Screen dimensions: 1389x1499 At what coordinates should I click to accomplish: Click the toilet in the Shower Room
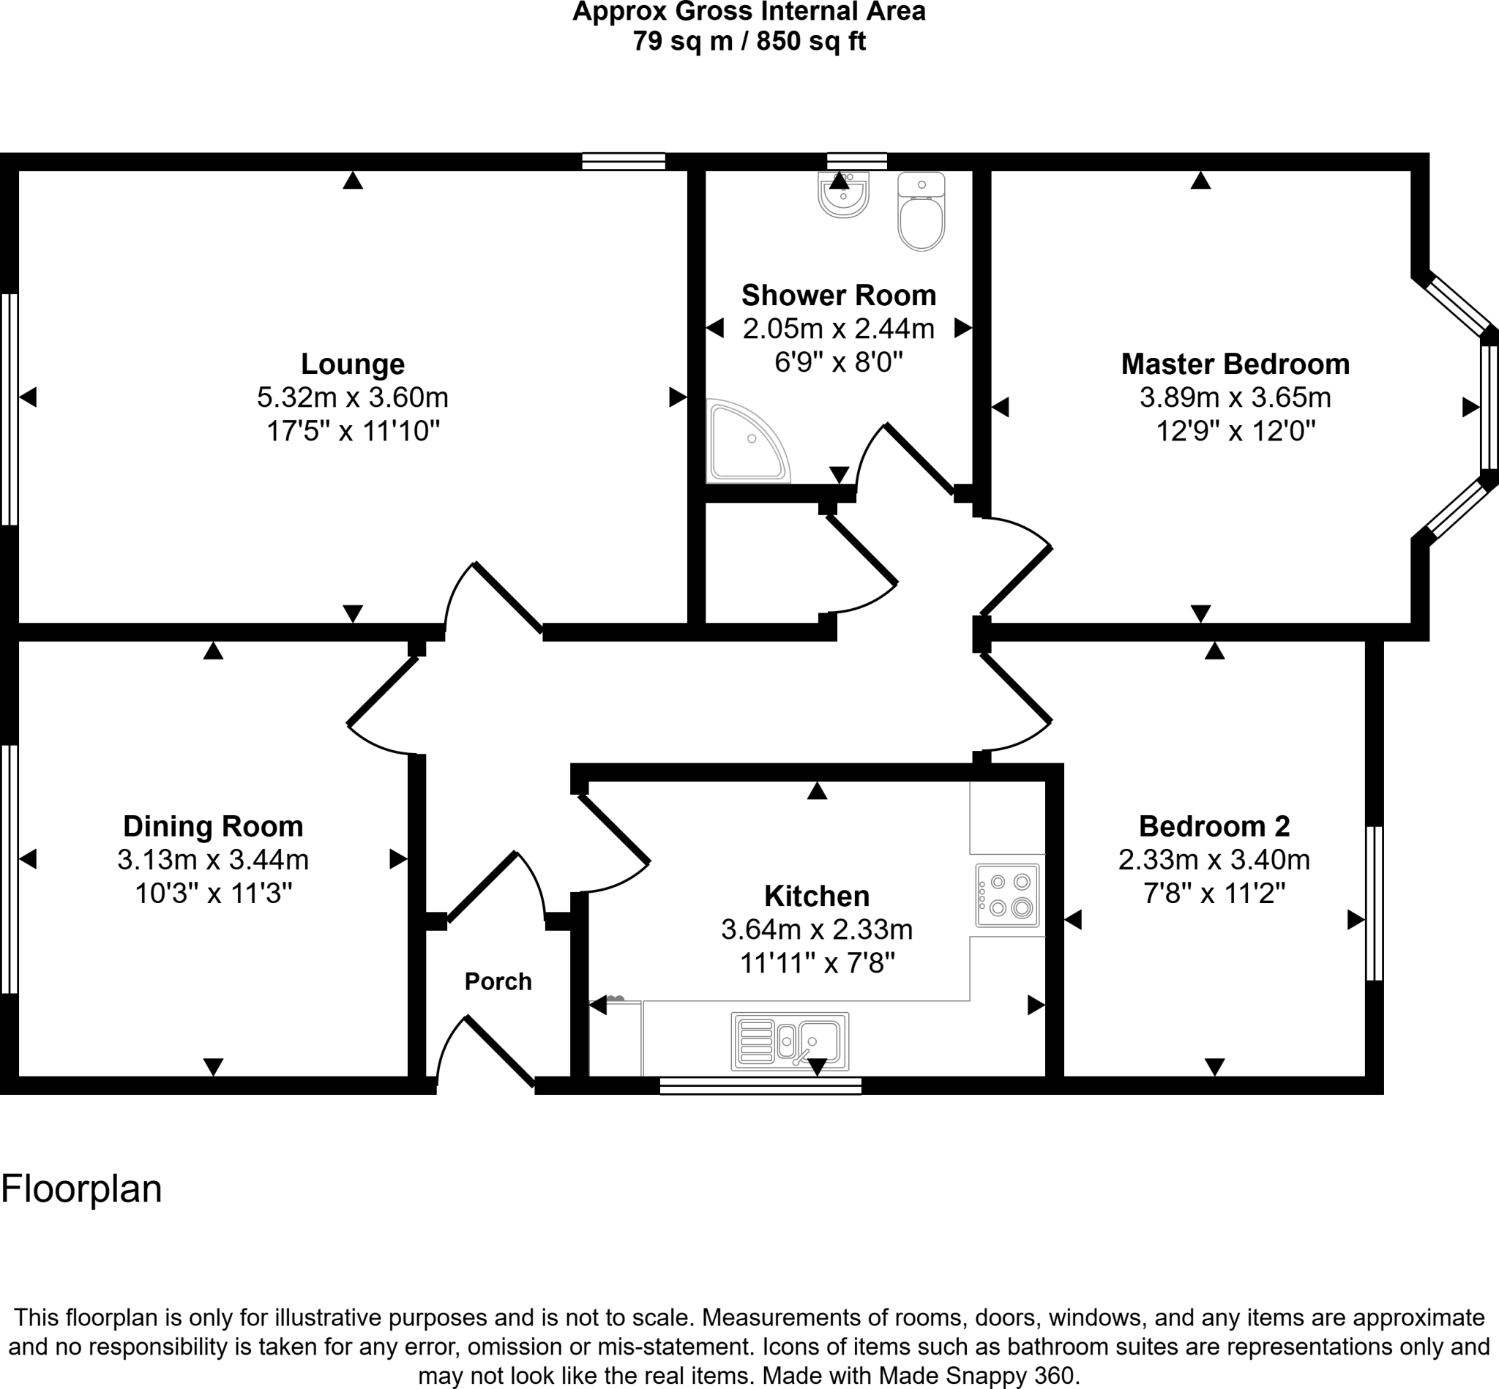[921, 214]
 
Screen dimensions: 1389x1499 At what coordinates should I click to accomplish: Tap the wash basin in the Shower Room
[842, 195]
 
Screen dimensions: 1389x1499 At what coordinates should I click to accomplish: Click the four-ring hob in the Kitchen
[1007, 895]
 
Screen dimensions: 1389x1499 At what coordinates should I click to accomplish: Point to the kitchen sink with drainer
[789, 1041]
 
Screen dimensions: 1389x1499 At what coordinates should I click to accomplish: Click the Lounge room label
[353, 364]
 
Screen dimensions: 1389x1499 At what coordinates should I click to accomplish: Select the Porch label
[498, 981]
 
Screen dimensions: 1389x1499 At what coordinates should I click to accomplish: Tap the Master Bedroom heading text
[1234, 364]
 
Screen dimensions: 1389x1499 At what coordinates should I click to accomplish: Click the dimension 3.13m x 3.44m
[213, 859]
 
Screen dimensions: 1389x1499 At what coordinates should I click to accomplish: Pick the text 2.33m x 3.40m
[1214, 859]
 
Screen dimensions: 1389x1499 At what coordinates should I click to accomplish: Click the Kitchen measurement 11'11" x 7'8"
[816, 963]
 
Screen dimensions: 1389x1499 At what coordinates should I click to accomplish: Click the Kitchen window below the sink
[760, 1085]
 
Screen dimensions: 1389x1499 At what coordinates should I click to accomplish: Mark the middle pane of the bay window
[1489, 407]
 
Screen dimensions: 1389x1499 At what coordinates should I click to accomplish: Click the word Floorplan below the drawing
[81, 1189]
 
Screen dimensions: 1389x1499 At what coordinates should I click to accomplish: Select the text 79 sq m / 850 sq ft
[749, 40]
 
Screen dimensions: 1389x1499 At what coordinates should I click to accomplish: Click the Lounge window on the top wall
[623, 161]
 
